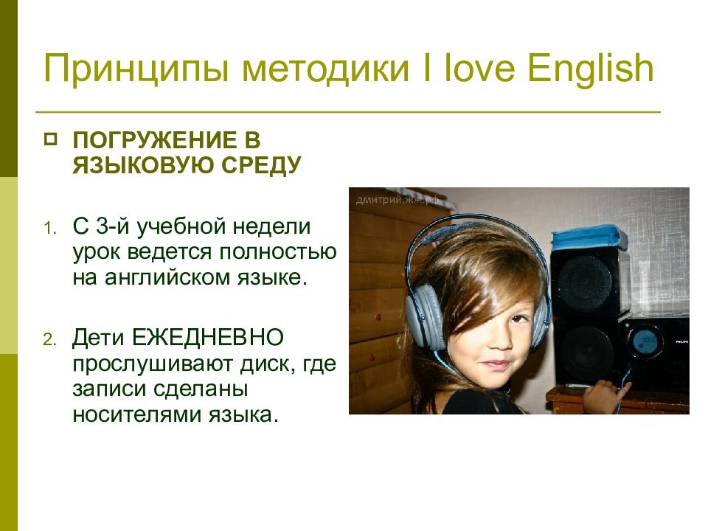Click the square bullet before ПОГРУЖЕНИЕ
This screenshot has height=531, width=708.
pyautogui.click(x=51, y=139)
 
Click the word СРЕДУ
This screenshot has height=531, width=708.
pyautogui.click(x=261, y=165)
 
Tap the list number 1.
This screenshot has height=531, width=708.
pyautogui.click(x=50, y=229)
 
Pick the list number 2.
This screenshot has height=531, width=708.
pyautogui.click(x=50, y=339)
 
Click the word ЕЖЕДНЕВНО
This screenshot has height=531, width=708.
pyautogui.click(x=208, y=337)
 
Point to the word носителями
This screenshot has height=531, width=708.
pyautogui.click(x=137, y=415)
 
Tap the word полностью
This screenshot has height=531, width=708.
pyautogui.click(x=278, y=252)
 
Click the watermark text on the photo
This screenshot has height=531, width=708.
pyautogui.click(x=398, y=200)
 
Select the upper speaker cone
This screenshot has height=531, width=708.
pyautogui.click(x=584, y=283)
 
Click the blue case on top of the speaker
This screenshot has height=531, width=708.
pyautogui.click(x=589, y=239)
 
